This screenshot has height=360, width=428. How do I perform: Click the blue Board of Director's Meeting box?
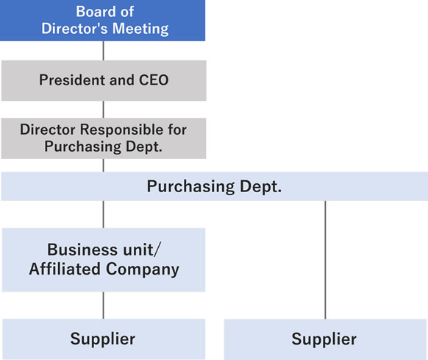pos(103,21)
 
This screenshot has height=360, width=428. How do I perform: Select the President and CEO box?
pos(104,81)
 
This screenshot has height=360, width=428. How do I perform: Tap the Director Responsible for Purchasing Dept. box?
pos(104,138)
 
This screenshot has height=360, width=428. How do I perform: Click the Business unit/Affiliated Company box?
pos(104,260)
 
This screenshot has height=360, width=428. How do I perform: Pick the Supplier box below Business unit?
pos(104,339)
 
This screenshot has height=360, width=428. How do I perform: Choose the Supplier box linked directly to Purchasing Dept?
pos(325,339)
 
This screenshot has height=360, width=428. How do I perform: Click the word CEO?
pos(154,80)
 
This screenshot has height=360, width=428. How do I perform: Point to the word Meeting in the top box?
pos(140,29)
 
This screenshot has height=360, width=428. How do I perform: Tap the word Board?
pos(92,12)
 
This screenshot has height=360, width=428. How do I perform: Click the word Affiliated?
pos(65,269)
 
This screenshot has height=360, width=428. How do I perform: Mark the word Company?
pos(143,269)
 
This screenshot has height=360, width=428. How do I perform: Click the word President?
pos(72,80)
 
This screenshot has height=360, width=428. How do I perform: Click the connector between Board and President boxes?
pos(103,51)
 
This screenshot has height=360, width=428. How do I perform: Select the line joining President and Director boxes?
pos(103,110)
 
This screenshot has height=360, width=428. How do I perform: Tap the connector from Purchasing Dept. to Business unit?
pos(103,214)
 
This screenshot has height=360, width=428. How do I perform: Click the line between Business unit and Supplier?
pos(103,306)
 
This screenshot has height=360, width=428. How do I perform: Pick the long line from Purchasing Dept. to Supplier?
pos(325,260)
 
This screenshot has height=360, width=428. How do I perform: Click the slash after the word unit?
pos(157,250)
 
